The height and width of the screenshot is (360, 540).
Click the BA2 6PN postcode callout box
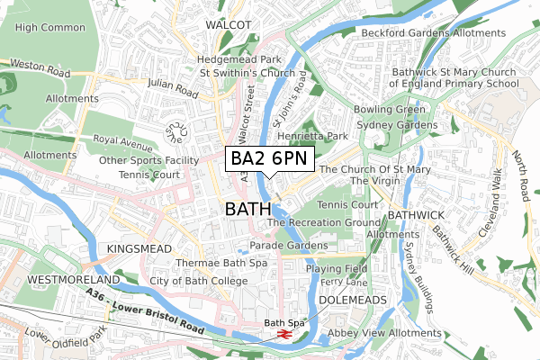point(270,158)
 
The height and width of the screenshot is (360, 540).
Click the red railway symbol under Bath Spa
point(283,334)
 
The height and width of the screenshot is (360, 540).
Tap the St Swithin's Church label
point(254,73)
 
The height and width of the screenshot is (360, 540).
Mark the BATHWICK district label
point(416,216)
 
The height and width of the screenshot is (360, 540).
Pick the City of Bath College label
point(199,282)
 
